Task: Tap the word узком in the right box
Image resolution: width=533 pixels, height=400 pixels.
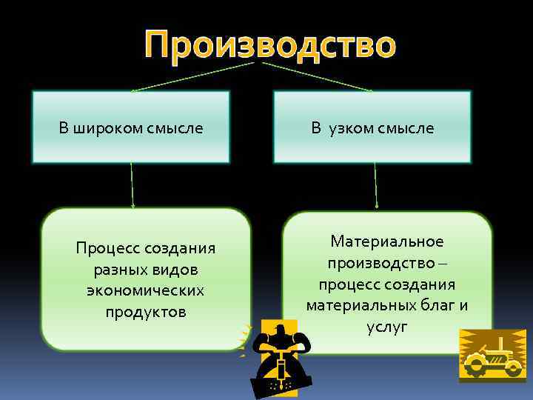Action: pos(348,128)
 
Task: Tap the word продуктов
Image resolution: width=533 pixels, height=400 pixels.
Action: pos(145,311)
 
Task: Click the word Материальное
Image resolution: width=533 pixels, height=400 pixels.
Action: pos(387,241)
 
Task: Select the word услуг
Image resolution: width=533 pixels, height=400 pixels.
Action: pos(387,327)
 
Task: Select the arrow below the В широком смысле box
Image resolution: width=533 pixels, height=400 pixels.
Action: pos(133,185)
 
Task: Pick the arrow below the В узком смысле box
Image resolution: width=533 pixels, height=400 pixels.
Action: pos(375,185)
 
